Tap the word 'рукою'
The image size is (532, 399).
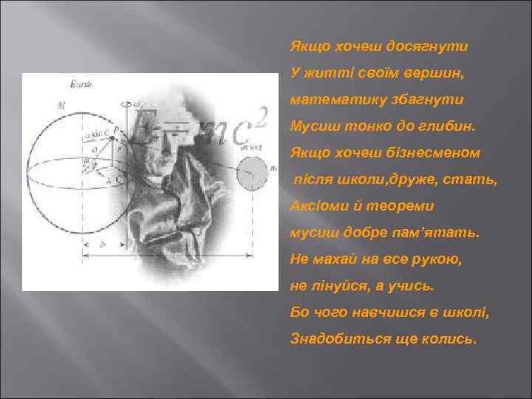pos(436,259)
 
